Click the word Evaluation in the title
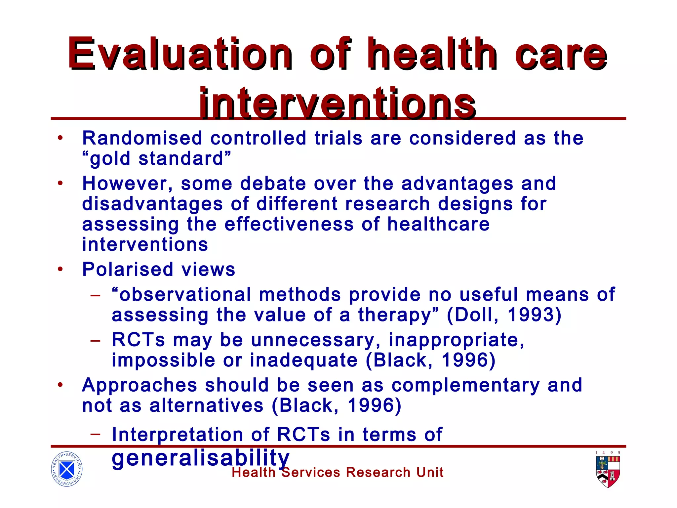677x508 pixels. coord(180,54)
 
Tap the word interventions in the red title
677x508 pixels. coord(337,103)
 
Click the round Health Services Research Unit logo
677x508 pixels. coord(67,469)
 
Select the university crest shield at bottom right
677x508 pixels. coord(608,472)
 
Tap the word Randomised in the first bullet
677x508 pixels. coord(142,138)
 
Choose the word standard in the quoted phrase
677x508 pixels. coord(181,159)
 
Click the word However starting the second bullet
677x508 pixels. coord(127,184)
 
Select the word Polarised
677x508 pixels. coord(128,269)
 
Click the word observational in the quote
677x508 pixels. coord(185,294)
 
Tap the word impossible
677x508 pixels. coord(163,360)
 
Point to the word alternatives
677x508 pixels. coord(206,405)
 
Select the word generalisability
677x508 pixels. coord(200,458)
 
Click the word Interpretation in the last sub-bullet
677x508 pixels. coord(178,435)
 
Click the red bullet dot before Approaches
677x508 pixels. coord(60,385)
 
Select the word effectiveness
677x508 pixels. coord(289,224)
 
